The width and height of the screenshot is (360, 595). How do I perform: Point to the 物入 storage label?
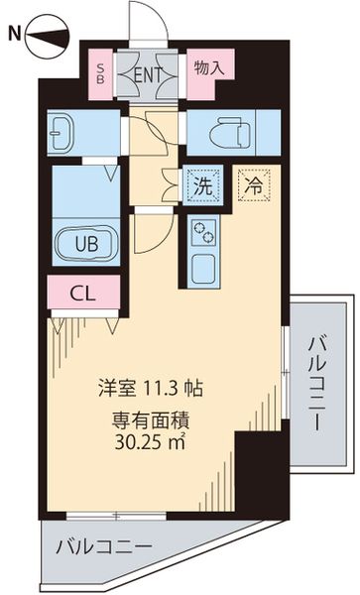click(209, 68)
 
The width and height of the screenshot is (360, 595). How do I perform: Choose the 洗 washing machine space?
click(202, 184)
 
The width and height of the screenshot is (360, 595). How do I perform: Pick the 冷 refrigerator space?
click(254, 183)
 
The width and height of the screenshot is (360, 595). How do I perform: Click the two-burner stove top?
click(204, 233)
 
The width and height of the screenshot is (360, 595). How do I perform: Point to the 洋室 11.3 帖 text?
click(151, 388)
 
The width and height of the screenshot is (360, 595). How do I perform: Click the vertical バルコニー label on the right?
click(318, 382)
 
